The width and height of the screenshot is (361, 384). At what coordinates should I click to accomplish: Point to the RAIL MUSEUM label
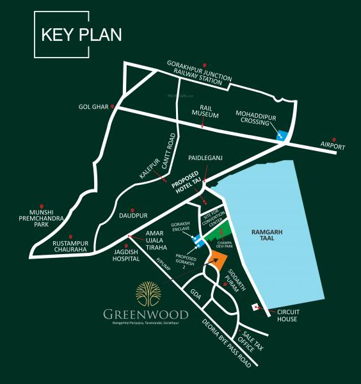tap(205, 113)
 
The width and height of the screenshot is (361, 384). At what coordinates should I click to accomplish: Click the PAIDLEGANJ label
tap(205, 156)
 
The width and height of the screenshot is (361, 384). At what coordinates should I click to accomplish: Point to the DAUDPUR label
tap(133, 216)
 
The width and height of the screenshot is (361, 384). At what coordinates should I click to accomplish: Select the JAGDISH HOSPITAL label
tap(127, 255)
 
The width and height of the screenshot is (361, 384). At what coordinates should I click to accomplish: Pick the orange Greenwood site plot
tap(218, 260)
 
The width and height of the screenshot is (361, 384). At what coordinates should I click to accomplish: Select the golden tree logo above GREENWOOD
tap(147, 294)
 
